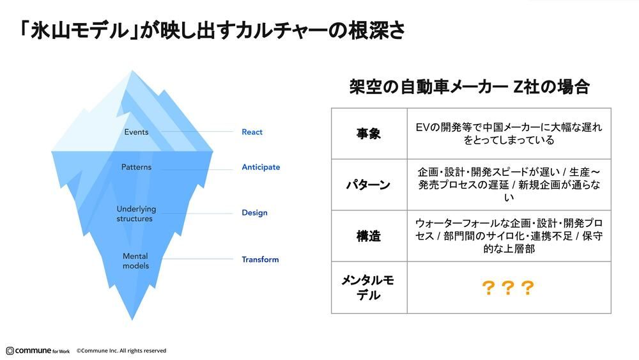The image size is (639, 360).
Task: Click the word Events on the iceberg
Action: pos(136,132)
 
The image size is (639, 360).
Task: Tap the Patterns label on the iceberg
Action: pos(136,168)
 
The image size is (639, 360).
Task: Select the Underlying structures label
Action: pos(135,214)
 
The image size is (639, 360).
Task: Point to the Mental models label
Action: pos(135,261)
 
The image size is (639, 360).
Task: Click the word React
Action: pos(252,132)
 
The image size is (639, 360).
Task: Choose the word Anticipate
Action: pos(261,168)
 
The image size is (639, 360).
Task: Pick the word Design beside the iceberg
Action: pos(254,213)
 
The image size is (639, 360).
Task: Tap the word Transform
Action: pos(260,260)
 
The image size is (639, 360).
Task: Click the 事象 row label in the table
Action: pos(369,134)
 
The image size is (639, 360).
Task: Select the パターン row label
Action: pos(369,185)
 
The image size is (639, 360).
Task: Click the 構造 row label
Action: pos(369,236)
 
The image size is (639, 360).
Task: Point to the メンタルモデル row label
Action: pos(369,288)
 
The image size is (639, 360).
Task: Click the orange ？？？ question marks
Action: pos(508,289)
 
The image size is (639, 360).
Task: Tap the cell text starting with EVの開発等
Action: pos(509,134)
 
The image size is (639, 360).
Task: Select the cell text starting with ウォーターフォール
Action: pos(509,236)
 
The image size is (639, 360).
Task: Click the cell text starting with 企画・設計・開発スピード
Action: pos(509,185)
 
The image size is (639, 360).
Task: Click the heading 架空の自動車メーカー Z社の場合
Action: pos(469,87)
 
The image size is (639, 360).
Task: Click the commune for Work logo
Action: pos(38,350)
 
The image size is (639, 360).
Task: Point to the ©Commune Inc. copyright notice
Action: pos(121,350)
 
